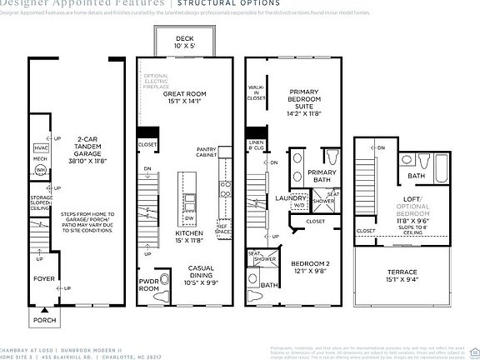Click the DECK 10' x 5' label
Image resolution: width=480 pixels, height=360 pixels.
click(x=184, y=43)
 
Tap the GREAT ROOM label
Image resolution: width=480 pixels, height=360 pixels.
click(x=184, y=98)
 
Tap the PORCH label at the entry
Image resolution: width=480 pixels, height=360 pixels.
click(x=43, y=319)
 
